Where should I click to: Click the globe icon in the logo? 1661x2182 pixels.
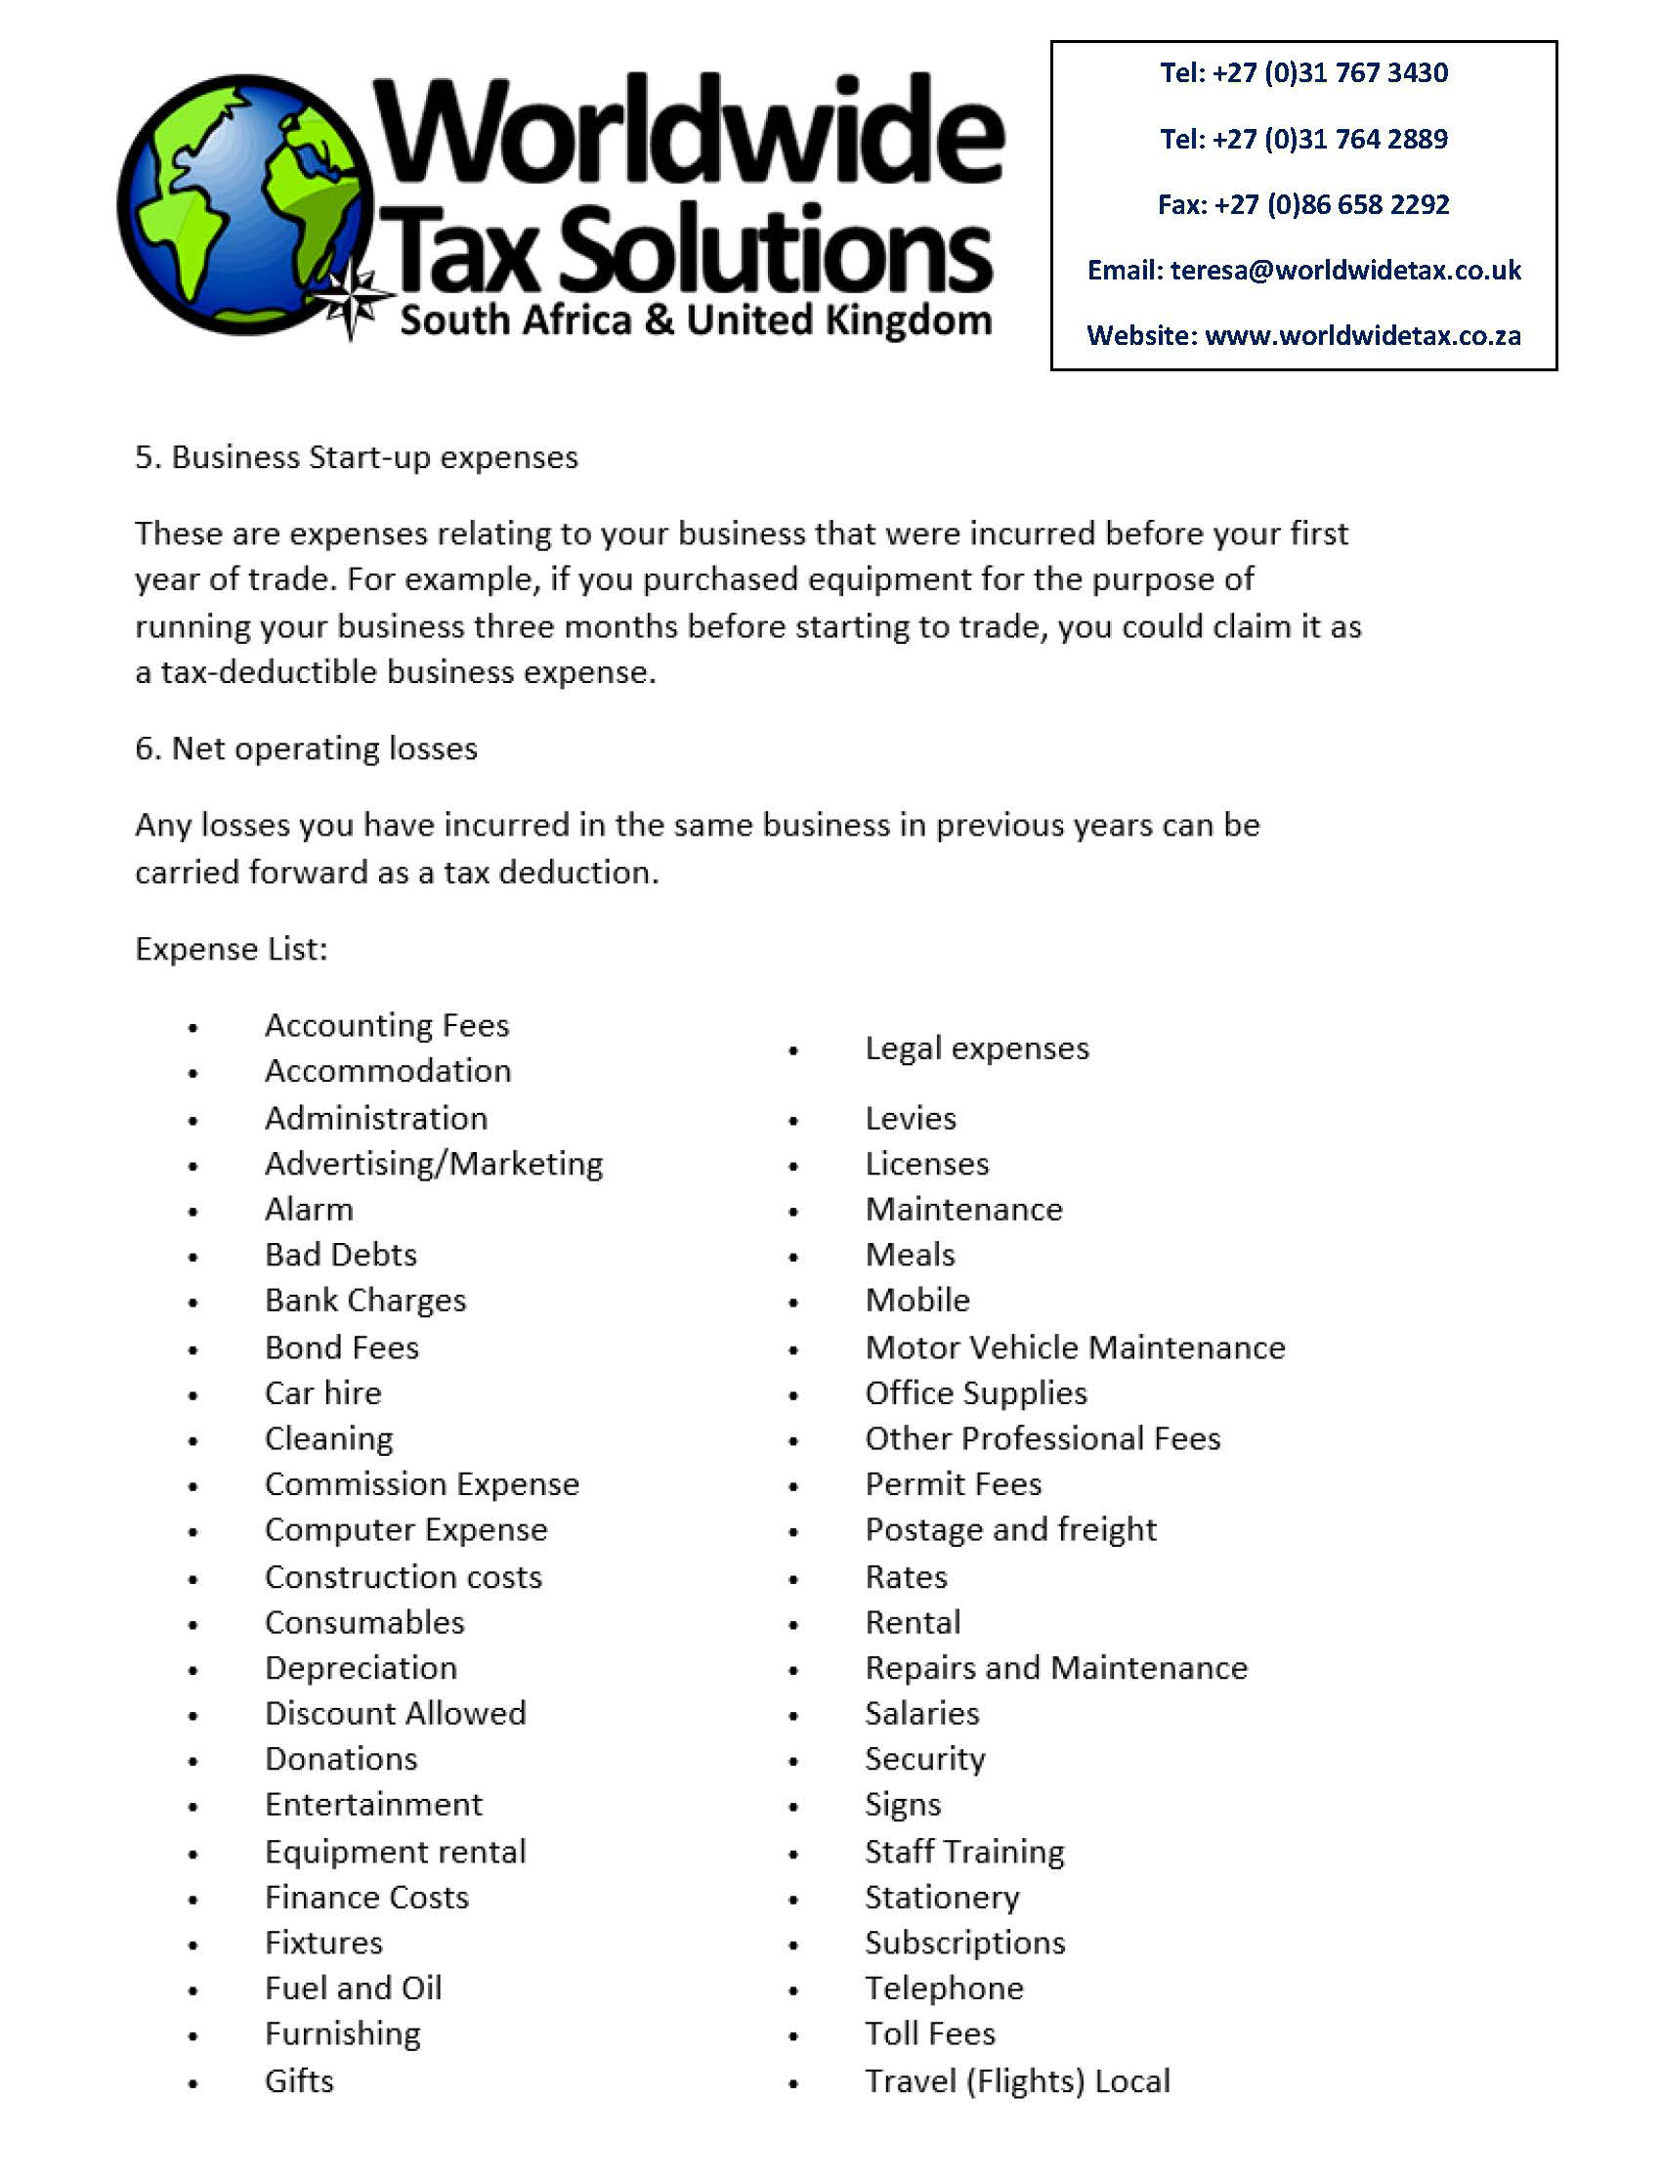(x=242, y=202)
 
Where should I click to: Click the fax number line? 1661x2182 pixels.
(x=1303, y=204)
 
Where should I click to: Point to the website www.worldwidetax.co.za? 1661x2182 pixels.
(x=1362, y=336)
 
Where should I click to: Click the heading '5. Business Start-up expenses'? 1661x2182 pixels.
(x=356, y=457)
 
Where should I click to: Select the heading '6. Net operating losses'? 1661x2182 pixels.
(x=306, y=749)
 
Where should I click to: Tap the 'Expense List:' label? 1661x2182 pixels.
(x=231, y=949)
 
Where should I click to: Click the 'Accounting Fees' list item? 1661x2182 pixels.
(x=387, y=1025)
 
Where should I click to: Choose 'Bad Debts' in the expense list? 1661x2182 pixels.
(x=340, y=1255)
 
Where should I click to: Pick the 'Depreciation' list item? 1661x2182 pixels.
(x=361, y=1668)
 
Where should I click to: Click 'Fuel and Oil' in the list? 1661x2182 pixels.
(x=353, y=1989)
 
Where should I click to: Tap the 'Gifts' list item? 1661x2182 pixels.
(x=299, y=2081)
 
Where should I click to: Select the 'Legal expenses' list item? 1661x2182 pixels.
(x=977, y=1048)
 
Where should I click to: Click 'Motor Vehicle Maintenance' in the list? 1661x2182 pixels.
(x=1075, y=1348)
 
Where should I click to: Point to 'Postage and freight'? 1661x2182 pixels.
(x=1010, y=1529)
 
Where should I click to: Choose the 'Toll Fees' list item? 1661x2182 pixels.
(x=929, y=2033)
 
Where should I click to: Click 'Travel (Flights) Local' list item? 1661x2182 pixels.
(x=1017, y=2081)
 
